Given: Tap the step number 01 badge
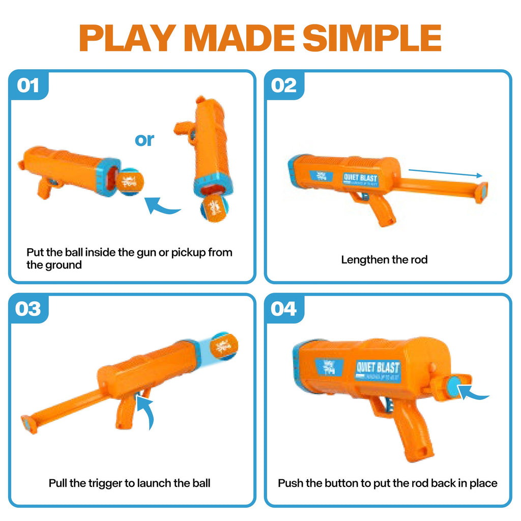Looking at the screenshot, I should tap(28, 85).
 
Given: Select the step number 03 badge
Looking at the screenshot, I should tap(28, 309).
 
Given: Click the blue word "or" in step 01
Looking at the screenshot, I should tap(144, 139).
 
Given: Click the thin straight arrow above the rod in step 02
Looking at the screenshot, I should tap(445, 173).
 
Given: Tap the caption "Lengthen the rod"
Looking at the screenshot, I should tap(384, 259).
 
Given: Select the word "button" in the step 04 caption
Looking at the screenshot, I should tap(342, 483).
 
